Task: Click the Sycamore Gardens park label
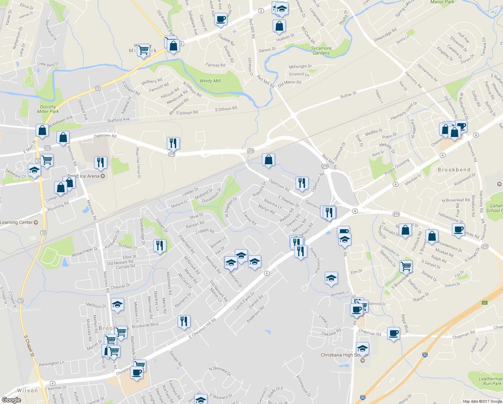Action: (321, 50)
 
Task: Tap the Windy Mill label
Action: (210, 81)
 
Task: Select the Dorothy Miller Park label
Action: (48, 109)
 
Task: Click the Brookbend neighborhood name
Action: (454, 170)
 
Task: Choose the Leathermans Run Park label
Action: (491, 381)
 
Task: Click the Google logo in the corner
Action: (11, 400)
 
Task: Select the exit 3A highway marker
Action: (485, 303)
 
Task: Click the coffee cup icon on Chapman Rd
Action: (393, 333)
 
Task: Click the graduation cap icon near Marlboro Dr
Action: (117, 304)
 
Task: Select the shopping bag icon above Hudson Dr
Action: (279, 26)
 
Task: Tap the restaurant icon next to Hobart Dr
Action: (160, 245)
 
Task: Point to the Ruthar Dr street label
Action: (348, 95)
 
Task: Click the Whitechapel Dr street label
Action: (84, 251)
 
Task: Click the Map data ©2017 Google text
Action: (482, 401)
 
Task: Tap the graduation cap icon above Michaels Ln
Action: (331, 278)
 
